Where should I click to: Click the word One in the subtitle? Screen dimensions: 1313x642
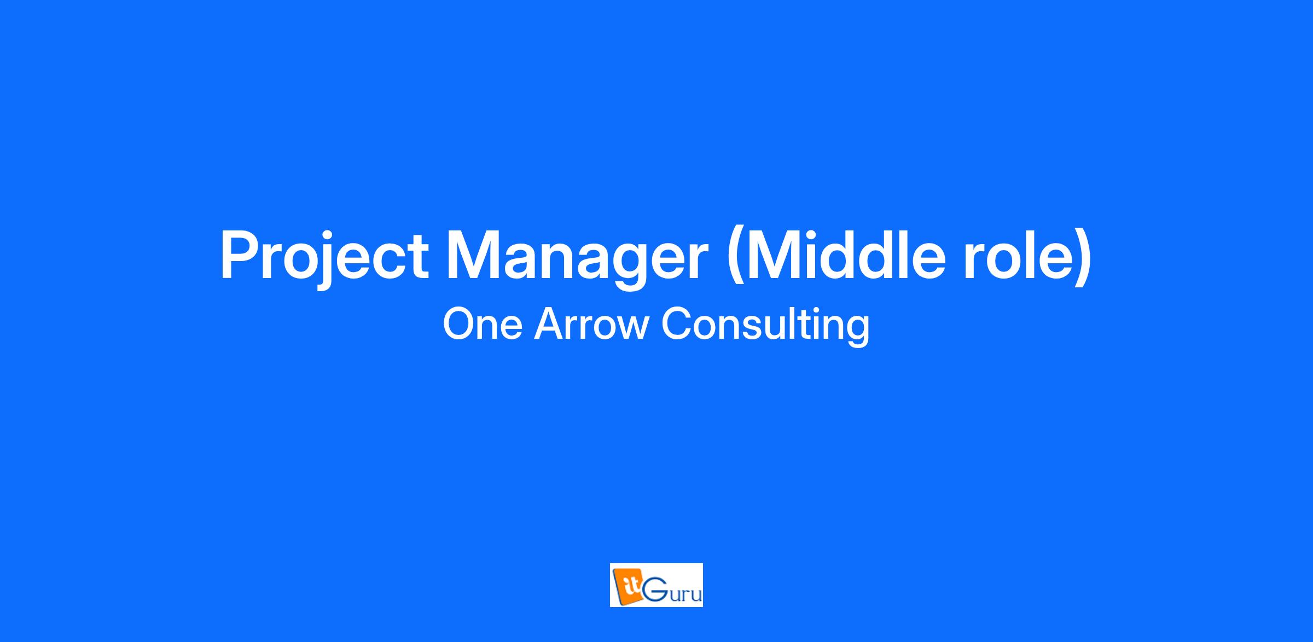[x=483, y=324]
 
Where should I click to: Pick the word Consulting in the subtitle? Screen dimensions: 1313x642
[x=765, y=326]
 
